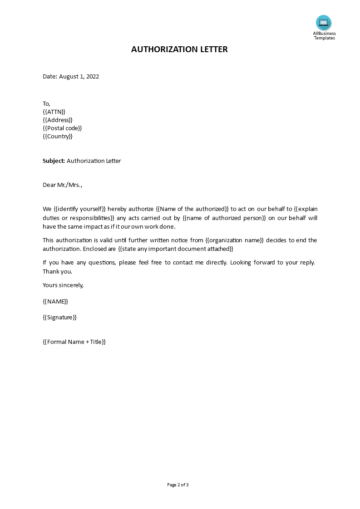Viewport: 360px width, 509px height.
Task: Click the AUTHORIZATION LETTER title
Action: tap(179, 49)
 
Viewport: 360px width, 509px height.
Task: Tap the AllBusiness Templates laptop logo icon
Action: tap(324, 23)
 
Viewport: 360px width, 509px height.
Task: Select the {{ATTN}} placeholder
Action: tap(54, 112)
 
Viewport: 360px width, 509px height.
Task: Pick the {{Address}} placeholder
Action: tap(58, 120)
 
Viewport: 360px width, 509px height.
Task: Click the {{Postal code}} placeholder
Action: tap(62, 128)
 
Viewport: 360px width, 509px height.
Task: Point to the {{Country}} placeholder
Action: tap(58, 136)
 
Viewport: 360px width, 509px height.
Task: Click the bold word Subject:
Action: tap(54, 161)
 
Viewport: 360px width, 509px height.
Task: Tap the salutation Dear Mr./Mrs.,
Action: tap(63, 185)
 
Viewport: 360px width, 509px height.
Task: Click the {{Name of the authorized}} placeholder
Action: tap(192, 209)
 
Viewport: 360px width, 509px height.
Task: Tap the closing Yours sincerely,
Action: tap(63, 285)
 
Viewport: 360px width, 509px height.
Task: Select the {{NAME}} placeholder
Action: tap(55, 301)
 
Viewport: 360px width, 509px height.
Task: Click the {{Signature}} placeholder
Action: tap(60, 317)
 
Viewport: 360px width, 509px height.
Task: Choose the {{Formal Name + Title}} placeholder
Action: tap(74, 342)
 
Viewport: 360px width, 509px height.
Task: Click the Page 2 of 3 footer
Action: tap(178, 485)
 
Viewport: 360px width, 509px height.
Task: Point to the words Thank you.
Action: tap(58, 271)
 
